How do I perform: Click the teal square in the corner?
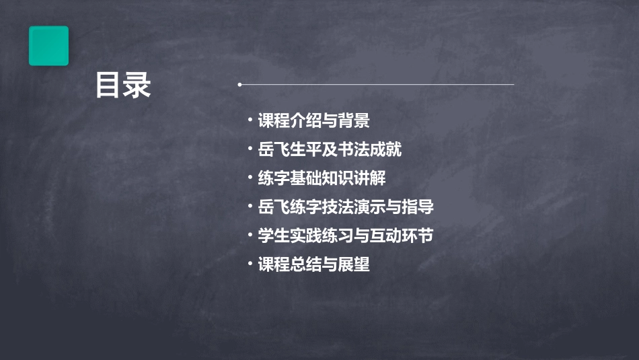(48, 46)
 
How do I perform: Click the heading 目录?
(122, 85)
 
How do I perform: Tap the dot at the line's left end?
(239, 85)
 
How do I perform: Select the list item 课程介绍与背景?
(313, 121)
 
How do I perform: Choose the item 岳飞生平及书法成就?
(330, 149)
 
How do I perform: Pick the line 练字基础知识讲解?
(322, 178)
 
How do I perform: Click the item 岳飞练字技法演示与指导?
(346, 207)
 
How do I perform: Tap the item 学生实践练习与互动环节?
(346, 236)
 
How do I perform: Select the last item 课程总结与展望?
(313, 264)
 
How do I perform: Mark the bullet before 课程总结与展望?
(250, 264)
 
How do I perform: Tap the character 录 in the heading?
(137, 85)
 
